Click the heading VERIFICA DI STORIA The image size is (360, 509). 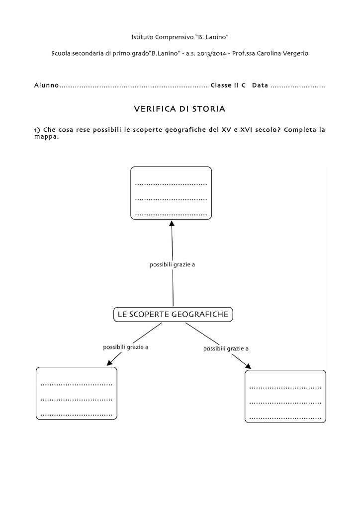pyautogui.click(x=180, y=109)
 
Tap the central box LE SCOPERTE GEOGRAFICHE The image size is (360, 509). pyautogui.click(x=173, y=314)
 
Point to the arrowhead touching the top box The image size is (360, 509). pyautogui.click(x=172, y=223)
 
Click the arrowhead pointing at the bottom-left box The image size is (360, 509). pyautogui.click(x=110, y=362)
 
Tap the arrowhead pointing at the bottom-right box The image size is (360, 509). pyautogui.click(x=248, y=366)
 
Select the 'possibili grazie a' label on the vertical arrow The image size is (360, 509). pyautogui.click(x=173, y=265)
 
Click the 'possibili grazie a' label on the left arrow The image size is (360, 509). pyautogui.click(x=126, y=347)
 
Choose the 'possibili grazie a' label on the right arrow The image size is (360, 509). pyautogui.click(x=226, y=349)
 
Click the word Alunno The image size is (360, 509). pyautogui.click(x=46, y=85)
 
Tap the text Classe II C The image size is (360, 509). pyautogui.click(x=228, y=85)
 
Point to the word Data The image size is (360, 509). pyautogui.click(x=260, y=85)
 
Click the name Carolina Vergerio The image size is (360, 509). pyautogui.click(x=282, y=54)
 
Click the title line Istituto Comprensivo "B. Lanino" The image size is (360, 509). pyautogui.click(x=180, y=37)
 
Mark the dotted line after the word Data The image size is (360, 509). pyautogui.click(x=298, y=87)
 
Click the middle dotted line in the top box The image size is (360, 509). pyautogui.click(x=171, y=200)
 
